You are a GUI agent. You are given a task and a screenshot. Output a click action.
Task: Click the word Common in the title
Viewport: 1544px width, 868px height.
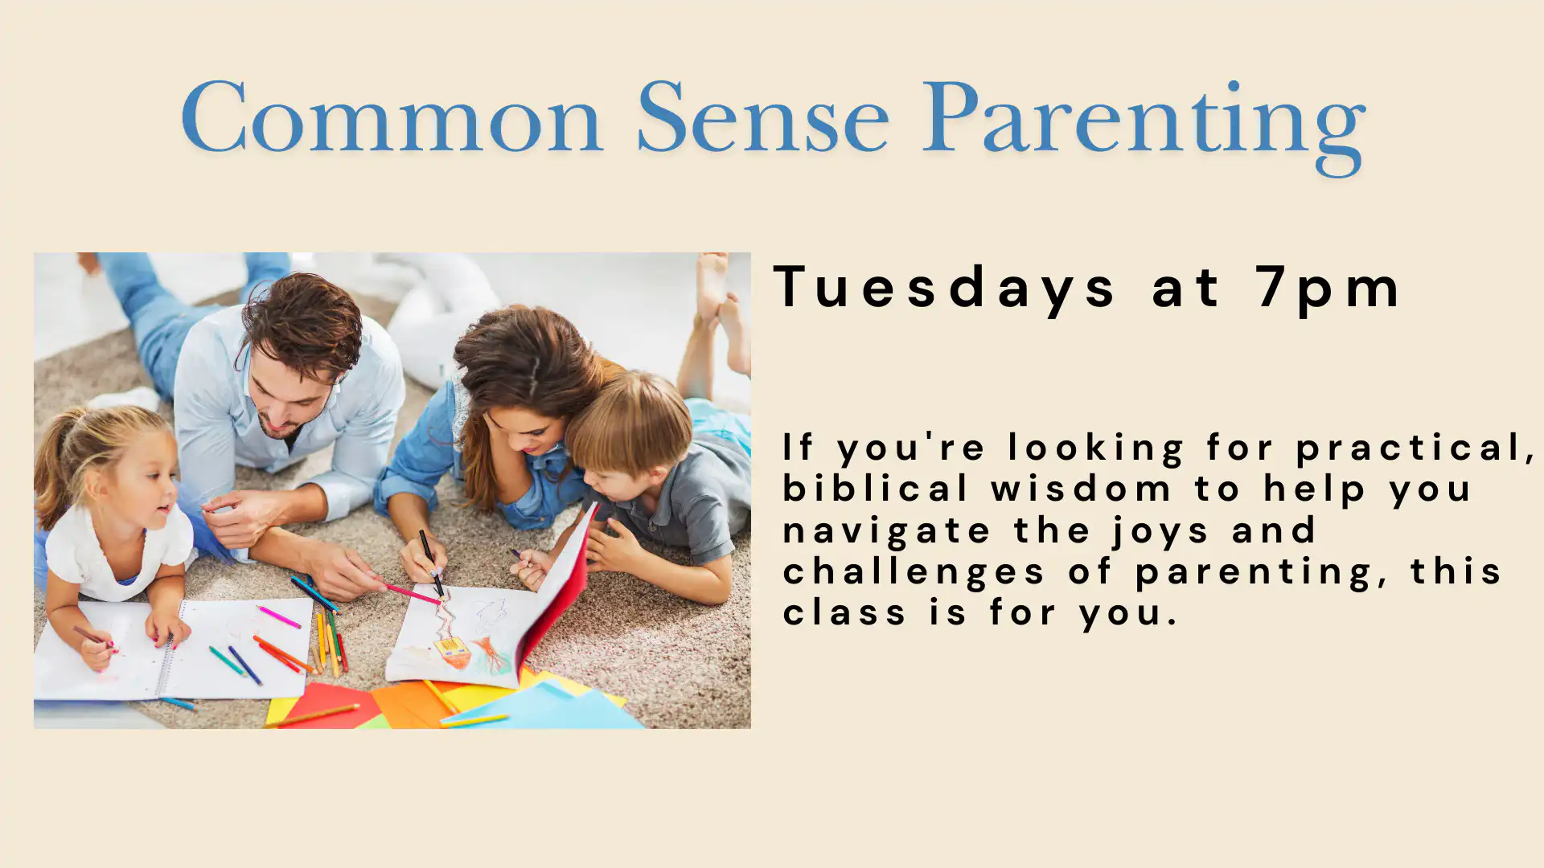392,117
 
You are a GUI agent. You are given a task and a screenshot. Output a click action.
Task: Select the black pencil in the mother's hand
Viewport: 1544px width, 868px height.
431,564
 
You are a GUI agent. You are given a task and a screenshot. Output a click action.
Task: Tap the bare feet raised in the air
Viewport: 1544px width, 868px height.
721,309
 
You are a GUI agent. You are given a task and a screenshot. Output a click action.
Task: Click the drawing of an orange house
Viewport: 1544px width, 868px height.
453,650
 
